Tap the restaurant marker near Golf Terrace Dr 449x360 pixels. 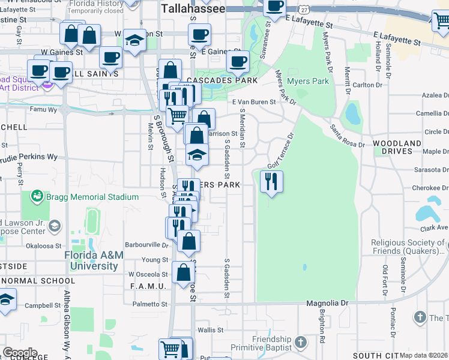coord(271,181)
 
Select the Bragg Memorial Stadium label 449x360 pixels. coord(94,197)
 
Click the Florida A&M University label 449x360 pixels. coord(94,260)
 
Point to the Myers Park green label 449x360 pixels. coord(308,81)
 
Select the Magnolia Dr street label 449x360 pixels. coord(327,304)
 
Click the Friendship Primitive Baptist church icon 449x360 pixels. coord(301,342)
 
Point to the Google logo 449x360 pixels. coord(20,352)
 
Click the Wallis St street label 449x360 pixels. coord(211,329)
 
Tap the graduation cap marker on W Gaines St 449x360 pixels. coord(134,41)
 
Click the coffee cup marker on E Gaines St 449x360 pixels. coord(238,62)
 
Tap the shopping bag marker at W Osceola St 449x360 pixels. coord(183,273)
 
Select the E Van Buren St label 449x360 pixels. coord(254,102)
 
